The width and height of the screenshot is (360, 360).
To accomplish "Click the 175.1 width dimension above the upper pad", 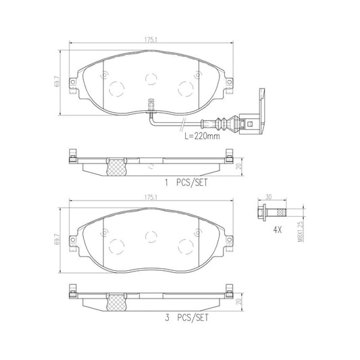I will tap(151, 38).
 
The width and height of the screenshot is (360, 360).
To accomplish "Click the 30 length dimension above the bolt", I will tap(268, 197).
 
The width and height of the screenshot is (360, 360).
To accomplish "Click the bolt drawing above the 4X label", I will tap(273, 212).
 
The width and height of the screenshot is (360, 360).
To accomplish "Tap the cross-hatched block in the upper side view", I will tap(118, 165).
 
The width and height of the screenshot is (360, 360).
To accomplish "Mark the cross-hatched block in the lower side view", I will tap(118, 299).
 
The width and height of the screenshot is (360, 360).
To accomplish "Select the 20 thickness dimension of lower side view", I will tap(239, 299).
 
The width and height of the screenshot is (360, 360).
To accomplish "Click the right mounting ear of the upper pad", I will tap(228, 83).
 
